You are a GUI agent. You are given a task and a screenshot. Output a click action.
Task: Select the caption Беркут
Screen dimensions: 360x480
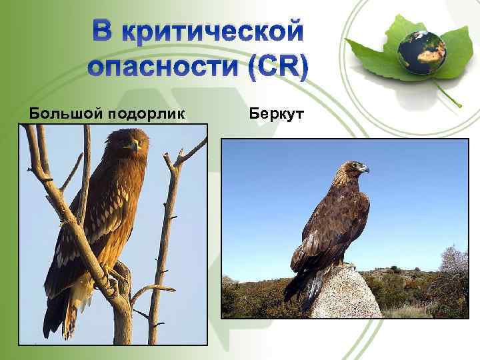(275, 114)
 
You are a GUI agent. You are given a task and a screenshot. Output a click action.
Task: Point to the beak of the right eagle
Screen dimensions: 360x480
(365, 169)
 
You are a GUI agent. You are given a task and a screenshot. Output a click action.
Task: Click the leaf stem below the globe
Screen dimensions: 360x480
(448, 94)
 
